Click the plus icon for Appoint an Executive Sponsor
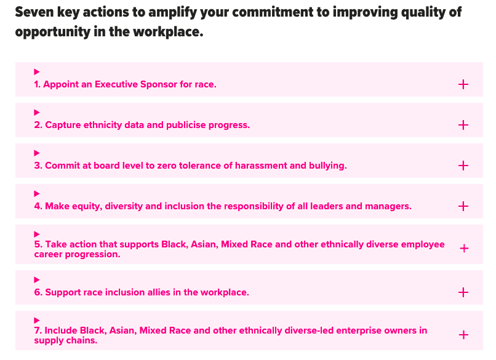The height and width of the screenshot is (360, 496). (x=463, y=84)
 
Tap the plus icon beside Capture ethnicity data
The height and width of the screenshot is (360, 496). (x=463, y=125)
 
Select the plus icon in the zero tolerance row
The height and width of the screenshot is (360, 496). (x=463, y=166)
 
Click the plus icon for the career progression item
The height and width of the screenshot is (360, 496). (x=464, y=249)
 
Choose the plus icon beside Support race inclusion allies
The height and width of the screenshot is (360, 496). (x=463, y=292)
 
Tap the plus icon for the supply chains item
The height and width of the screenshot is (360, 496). (x=464, y=335)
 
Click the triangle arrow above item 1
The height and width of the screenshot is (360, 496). (x=37, y=72)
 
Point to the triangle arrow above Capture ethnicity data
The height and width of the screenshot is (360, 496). (x=37, y=112)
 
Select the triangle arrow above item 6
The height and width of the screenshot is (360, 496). (x=37, y=279)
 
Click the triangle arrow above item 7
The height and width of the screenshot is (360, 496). (x=37, y=320)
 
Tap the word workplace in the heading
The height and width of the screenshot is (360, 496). (x=168, y=32)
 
